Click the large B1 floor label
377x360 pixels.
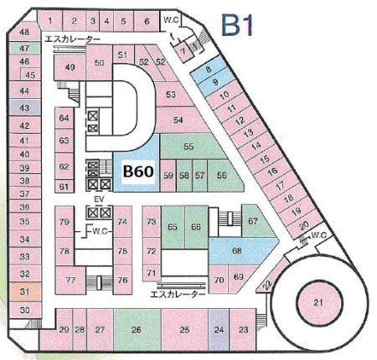point(238,26)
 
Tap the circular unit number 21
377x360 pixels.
point(318,302)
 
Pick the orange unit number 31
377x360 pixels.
point(25,291)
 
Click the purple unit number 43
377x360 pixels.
point(24,108)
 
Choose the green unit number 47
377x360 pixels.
point(24,49)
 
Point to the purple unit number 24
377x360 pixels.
point(219,330)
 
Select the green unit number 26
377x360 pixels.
point(137,330)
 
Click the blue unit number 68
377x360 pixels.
point(237,250)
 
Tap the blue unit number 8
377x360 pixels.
point(209,69)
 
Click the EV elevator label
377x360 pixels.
point(99,199)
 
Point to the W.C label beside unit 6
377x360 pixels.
point(171,19)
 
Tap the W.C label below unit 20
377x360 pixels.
point(318,235)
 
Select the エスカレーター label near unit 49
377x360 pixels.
point(72,39)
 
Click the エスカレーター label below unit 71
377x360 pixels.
point(178,294)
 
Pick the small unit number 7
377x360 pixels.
point(183,52)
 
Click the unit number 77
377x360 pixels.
point(70,280)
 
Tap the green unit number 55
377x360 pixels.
point(188,147)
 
